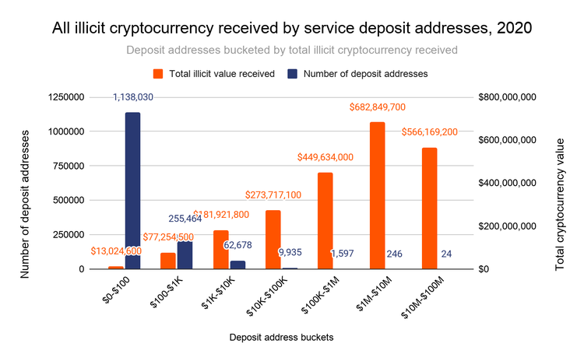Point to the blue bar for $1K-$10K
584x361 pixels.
click(x=237, y=265)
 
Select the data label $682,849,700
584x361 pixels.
click(x=377, y=107)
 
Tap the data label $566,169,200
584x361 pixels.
click(x=429, y=132)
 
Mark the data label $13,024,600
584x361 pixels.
click(x=116, y=251)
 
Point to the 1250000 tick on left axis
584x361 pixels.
click(x=65, y=97)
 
